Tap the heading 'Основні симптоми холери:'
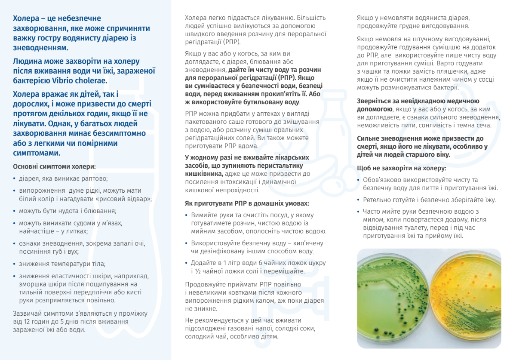pos(55,166)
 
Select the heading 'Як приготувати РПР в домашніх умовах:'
pos(247,203)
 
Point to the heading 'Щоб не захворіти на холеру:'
pos(402,168)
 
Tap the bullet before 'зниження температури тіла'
pos(15,264)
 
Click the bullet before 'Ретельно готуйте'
pos(359,200)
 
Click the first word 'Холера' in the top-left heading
pos(27,18)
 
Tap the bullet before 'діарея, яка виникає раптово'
pos(15,178)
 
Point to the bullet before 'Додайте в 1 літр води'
pos(187,263)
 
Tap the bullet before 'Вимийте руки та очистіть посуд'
pos(187,215)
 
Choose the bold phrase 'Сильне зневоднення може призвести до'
pos(420,138)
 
